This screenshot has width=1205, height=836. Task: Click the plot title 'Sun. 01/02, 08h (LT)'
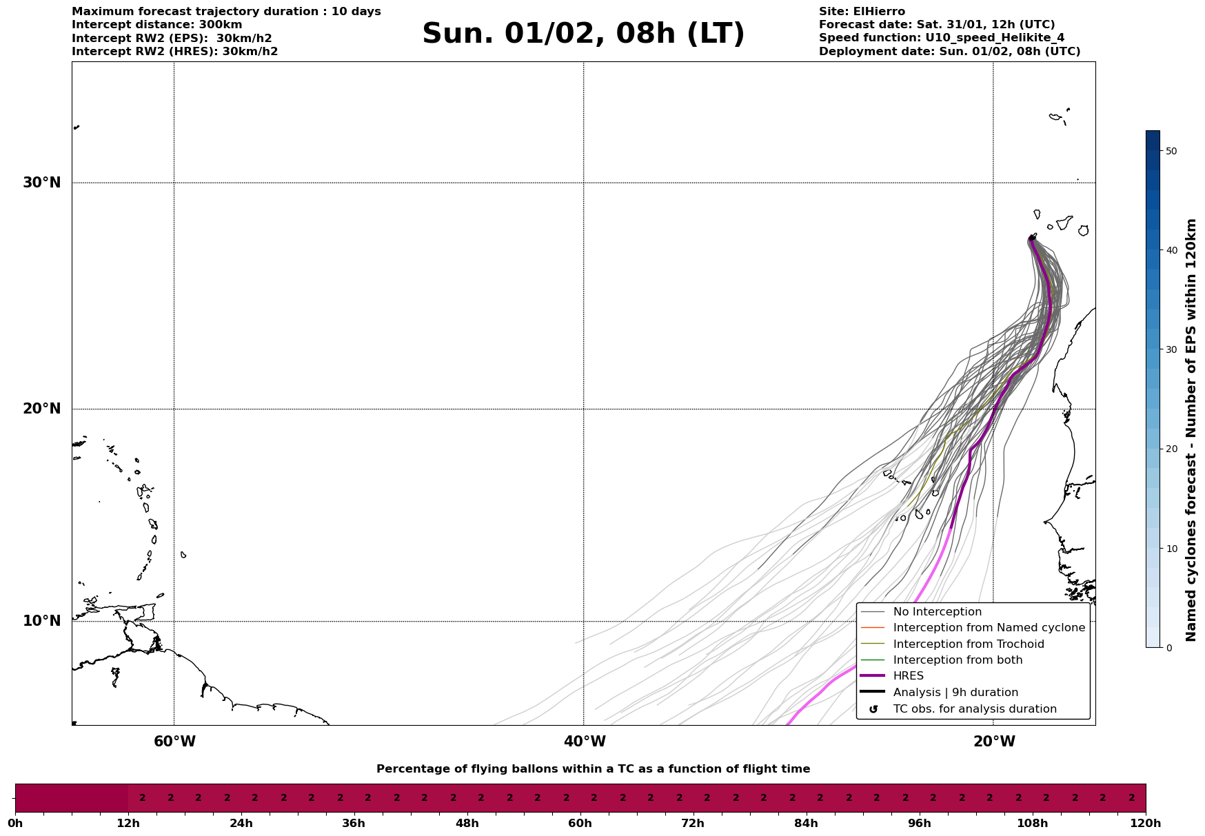[583, 34]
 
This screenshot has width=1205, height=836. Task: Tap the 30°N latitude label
[41, 183]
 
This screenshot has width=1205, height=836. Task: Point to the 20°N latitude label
[41, 409]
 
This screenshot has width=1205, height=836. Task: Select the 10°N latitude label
[41, 621]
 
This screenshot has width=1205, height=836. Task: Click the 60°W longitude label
[174, 742]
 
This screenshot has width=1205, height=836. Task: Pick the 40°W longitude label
[585, 742]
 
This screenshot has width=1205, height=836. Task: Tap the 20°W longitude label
[994, 742]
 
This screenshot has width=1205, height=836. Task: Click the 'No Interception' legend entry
[937, 612]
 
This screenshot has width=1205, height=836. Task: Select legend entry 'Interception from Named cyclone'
[989, 628]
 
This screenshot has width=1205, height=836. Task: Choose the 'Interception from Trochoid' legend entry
[968, 644]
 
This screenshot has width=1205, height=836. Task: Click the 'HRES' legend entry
[908, 676]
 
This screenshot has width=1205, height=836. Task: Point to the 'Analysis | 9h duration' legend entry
[955, 693]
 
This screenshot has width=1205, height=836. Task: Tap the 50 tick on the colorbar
[1171, 151]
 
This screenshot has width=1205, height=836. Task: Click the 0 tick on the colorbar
[1168, 648]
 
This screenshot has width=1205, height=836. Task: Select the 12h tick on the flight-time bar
[128, 823]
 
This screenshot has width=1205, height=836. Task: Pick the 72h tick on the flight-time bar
[693, 823]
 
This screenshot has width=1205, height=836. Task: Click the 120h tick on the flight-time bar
[1146, 823]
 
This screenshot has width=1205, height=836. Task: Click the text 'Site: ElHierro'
[862, 12]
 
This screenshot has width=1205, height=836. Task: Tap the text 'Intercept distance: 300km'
[157, 25]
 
